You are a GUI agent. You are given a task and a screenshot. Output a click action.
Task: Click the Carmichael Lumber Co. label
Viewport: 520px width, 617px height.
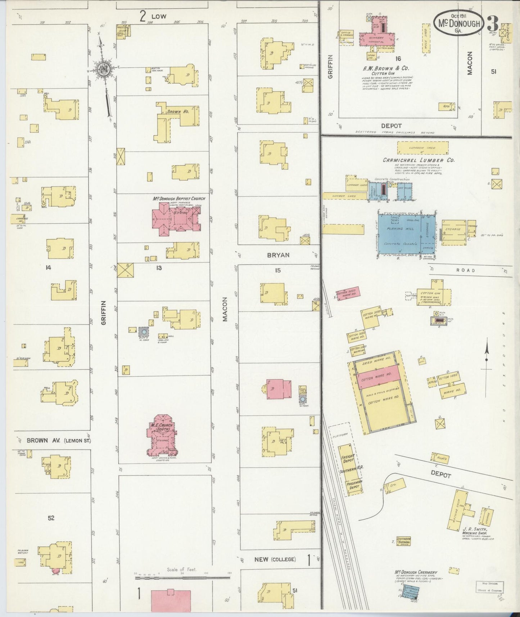419,160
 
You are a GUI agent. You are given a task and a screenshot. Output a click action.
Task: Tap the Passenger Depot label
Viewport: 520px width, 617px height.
354,484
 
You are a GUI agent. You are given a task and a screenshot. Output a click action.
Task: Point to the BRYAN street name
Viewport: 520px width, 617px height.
278,255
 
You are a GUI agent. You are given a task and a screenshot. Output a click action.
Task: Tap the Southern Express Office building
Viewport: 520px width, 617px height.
403,541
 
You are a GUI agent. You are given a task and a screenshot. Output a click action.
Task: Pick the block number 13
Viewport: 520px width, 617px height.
159,267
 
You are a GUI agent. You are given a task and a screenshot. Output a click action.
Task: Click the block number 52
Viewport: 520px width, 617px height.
51,518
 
